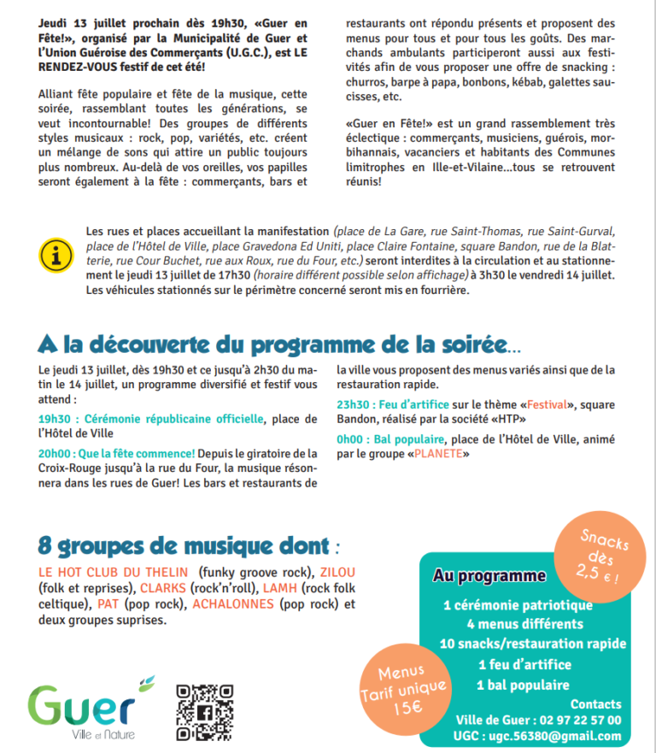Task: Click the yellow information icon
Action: tap(56, 255)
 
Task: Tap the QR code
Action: tap(205, 712)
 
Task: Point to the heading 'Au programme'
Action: tap(489, 576)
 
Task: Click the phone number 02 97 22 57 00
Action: tap(578, 720)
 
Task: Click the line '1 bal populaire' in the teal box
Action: tap(523, 685)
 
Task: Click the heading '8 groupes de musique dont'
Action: tap(183, 545)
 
